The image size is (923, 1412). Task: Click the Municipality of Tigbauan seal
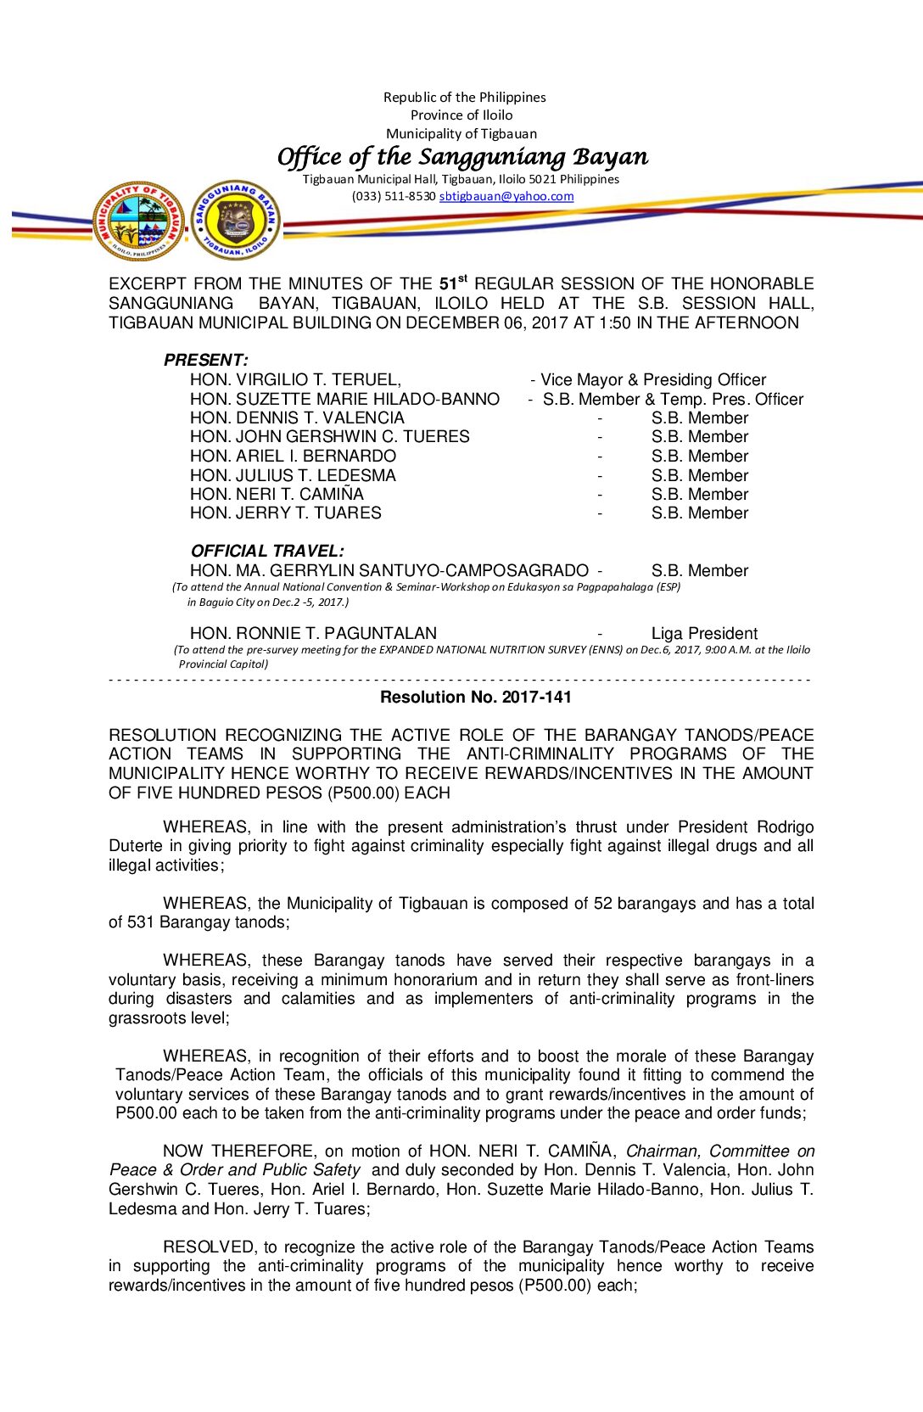point(139,221)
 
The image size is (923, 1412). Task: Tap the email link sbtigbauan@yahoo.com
point(506,196)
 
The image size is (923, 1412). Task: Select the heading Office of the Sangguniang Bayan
point(462,157)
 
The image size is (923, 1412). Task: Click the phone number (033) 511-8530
point(394,196)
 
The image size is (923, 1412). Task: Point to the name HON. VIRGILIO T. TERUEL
point(295,379)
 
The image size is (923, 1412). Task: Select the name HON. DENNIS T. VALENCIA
point(297,417)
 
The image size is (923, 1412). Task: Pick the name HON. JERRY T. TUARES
point(286,513)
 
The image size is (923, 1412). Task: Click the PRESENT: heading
point(206,360)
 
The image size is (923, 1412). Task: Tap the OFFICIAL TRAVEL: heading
point(267,551)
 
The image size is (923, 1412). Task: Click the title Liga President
point(704,633)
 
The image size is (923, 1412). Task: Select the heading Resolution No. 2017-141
point(476,697)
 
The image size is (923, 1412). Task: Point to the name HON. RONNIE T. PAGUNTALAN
point(313,633)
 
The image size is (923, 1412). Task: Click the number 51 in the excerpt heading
point(448,284)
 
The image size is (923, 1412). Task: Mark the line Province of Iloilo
point(461,115)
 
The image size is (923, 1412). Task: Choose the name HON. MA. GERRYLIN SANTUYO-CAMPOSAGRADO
point(389,570)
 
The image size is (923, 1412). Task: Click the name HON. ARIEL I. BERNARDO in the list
point(293,456)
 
